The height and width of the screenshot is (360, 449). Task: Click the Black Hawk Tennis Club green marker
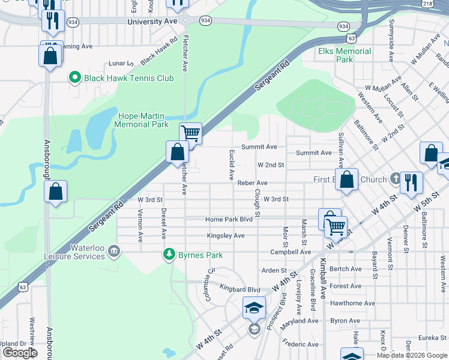click(75, 78)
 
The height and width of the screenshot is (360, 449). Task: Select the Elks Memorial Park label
click(345, 55)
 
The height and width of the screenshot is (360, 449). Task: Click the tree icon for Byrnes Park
click(170, 255)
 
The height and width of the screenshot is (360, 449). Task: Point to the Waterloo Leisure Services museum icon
click(115, 251)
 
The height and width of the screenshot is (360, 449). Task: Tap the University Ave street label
click(152, 21)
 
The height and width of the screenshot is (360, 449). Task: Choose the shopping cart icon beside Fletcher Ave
click(190, 133)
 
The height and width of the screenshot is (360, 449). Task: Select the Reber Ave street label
click(252, 183)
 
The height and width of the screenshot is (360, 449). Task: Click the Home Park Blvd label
click(229, 220)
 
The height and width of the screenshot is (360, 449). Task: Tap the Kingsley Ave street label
click(226, 236)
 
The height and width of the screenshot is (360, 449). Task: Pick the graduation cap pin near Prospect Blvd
click(254, 308)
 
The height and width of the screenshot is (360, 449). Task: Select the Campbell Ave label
click(291, 252)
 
